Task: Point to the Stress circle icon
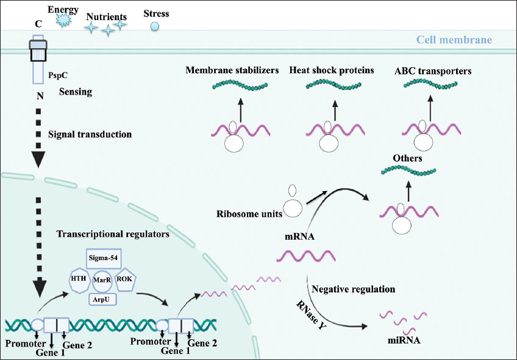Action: [155, 26]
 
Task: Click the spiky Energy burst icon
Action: [63, 20]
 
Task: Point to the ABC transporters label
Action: [433, 71]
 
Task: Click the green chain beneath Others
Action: [407, 172]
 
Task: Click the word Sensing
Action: [76, 92]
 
